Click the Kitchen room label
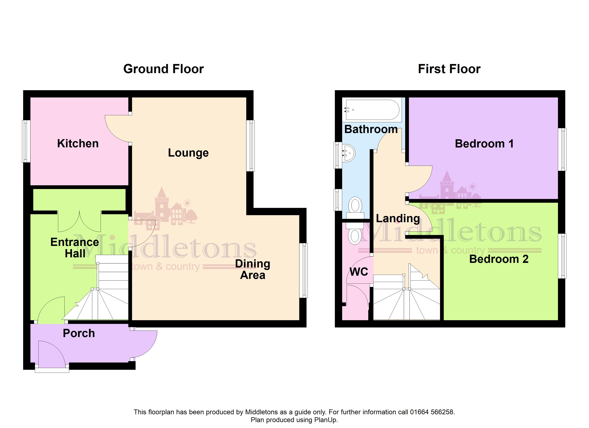[78, 144]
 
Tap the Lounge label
[188, 153]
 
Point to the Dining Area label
[253, 269]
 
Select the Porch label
[79, 333]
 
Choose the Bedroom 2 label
[499, 259]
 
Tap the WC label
[359, 272]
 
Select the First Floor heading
[449, 69]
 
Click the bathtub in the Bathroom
[372, 110]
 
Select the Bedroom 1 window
[562, 149]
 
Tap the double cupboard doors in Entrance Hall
[79, 221]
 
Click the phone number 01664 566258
[432, 412]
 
